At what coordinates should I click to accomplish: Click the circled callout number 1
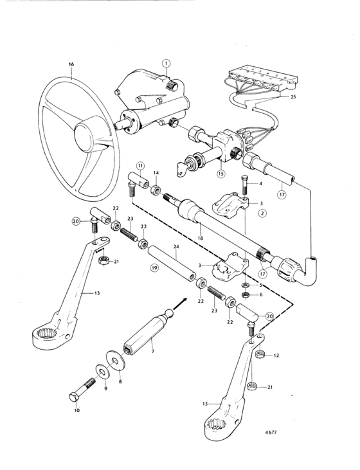click(166, 63)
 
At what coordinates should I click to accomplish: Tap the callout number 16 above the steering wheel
click(71, 64)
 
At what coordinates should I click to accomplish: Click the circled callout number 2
click(262, 213)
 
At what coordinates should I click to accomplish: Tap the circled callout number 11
click(140, 165)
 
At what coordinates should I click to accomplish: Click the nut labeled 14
click(156, 190)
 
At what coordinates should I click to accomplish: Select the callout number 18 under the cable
click(200, 238)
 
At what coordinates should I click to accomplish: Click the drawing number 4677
click(271, 433)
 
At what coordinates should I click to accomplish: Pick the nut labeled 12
click(259, 354)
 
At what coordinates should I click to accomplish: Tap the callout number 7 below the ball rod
click(152, 351)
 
